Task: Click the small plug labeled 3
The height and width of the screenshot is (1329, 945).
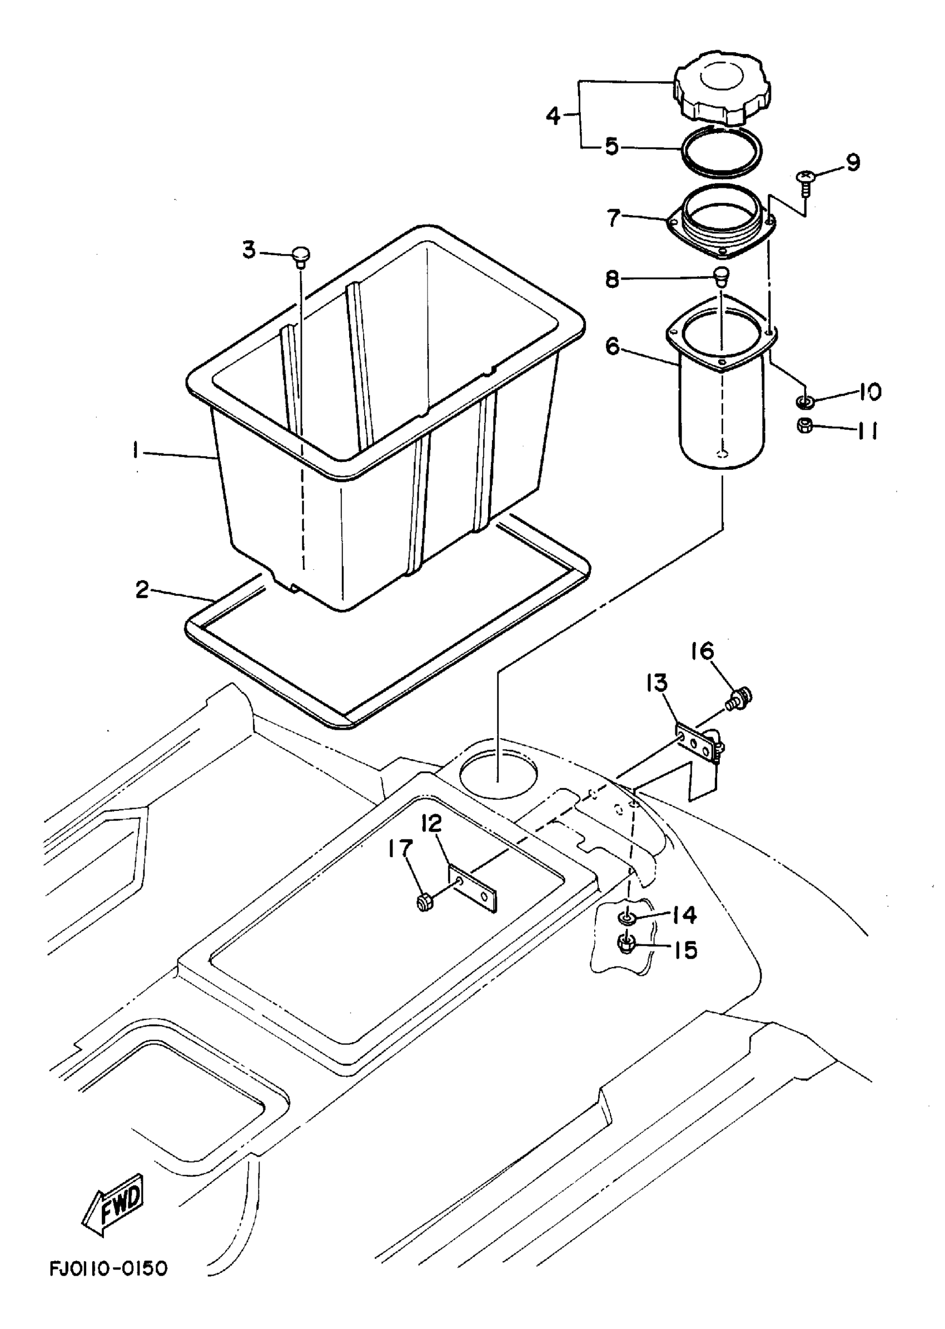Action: [300, 256]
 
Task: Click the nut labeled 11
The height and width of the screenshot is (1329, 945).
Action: [805, 426]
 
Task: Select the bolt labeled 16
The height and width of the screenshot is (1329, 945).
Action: [739, 696]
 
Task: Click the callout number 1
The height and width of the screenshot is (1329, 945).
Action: [136, 450]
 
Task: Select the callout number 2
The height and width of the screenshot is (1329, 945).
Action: [142, 591]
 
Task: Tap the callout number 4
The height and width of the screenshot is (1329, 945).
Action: [553, 116]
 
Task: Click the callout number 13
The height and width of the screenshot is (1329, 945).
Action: [657, 683]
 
